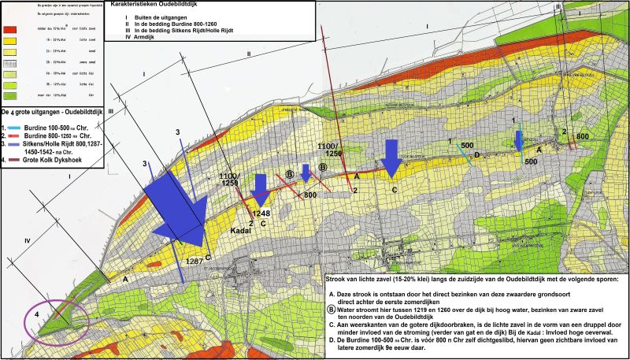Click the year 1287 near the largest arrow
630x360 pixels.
pos(194,261)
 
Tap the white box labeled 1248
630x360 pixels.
pos(261,213)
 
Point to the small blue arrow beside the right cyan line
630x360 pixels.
pos(518,140)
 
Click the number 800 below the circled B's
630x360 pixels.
pos(310,194)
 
